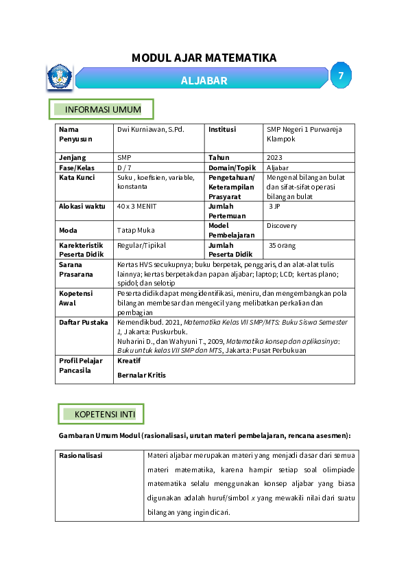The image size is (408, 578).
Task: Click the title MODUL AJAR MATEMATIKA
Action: pos(204,58)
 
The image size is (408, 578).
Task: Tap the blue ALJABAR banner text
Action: pos(204,80)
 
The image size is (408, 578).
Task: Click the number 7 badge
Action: pos(341,76)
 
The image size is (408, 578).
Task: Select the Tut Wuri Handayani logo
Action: pos(60,77)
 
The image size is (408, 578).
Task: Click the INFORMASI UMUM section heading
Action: pos(102,110)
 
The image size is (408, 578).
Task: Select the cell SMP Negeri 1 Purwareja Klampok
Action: pos(304,134)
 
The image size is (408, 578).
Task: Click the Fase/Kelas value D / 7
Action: pos(125,167)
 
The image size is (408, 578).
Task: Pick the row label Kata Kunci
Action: pos(77,177)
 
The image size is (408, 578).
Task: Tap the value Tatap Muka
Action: pos(136,230)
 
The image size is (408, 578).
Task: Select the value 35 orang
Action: pos(283,244)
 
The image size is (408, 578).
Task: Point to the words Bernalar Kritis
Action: pos(141,375)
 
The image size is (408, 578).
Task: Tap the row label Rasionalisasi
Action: pos(81,455)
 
